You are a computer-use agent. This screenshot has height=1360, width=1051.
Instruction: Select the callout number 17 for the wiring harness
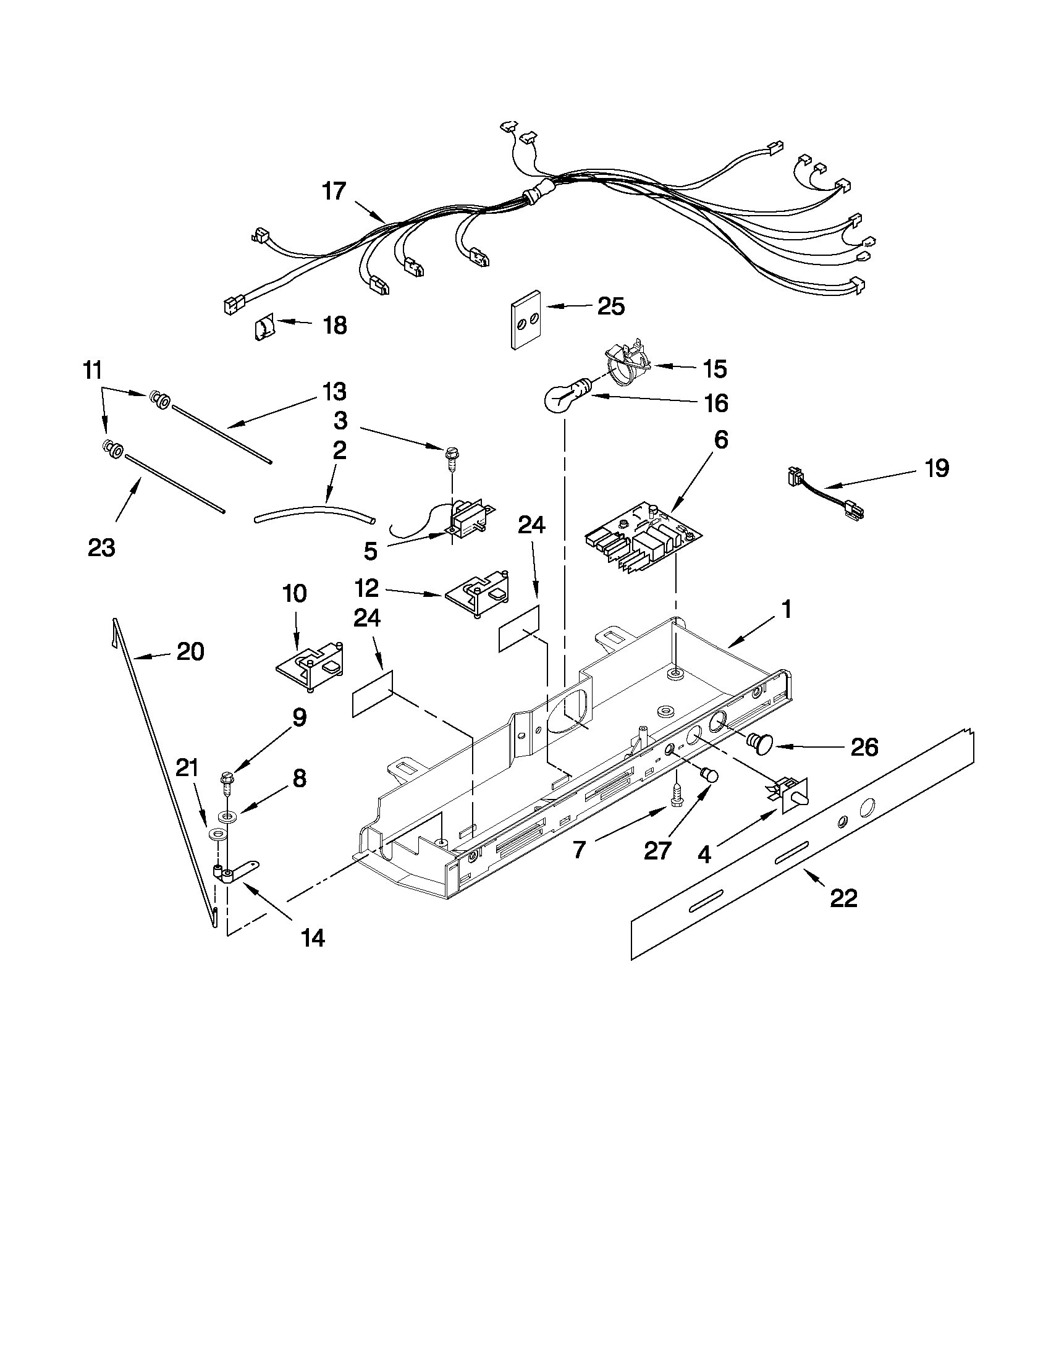tap(334, 191)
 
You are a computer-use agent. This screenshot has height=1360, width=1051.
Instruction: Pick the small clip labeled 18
tap(264, 327)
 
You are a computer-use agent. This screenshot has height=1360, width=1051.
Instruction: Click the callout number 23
tap(102, 547)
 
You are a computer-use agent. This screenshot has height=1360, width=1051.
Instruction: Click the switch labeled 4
tap(790, 794)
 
